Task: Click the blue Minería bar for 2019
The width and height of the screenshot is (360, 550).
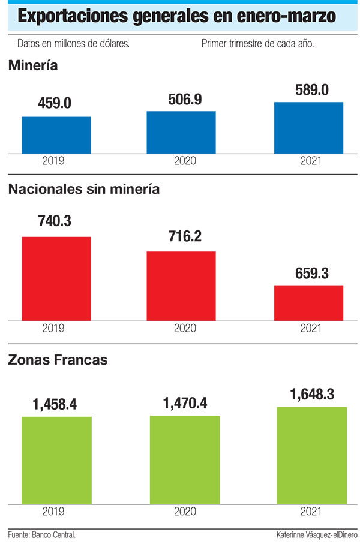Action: coord(56,135)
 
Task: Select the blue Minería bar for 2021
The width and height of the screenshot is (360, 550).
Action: coord(309,128)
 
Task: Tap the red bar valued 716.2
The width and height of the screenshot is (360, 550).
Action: coord(181,286)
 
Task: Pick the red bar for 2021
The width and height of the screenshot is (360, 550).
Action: coord(309,303)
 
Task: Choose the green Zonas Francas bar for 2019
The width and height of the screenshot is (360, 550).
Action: coord(57,460)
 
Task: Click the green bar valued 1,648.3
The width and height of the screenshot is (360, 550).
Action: coord(312,455)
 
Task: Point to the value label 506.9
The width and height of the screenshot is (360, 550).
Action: coord(185,100)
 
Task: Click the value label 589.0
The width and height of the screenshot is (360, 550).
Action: coord(312,90)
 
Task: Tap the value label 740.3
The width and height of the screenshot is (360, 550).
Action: coord(55,221)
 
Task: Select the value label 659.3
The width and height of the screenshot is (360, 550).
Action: coord(312,274)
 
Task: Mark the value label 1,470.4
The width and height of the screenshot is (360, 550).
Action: coord(185,404)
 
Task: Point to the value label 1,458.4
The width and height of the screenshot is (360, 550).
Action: coord(55,404)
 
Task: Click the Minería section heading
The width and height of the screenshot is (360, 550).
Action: coord(33,65)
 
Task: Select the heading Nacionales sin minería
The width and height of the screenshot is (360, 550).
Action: coord(84,189)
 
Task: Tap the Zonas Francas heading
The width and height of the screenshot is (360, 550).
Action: coord(58,360)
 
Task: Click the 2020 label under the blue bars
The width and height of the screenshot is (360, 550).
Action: coord(185,161)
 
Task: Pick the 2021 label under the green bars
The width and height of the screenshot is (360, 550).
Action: coord(311,512)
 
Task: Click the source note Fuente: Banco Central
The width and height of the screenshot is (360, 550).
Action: coord(42,535)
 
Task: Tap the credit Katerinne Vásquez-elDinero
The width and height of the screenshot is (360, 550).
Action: coord(317,535)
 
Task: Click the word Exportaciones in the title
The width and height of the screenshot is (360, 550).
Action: coord(73,16)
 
